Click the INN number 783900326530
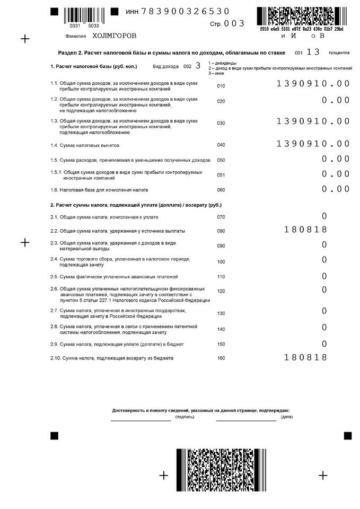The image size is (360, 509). click(x=186, y=11)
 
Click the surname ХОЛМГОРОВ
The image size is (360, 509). click(x=114, y=36)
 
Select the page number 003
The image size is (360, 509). click(x=234, y=24)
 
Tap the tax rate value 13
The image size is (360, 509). click(x=313, y=52)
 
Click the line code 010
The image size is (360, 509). click(x=221, y=86)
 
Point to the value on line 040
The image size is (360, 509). click(x=313, y=144)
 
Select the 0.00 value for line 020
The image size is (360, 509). click(x=336, y=100)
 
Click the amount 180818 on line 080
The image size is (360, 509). click(x=305, y=230)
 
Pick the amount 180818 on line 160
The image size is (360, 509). click(x=305, y=357)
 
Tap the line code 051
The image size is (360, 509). click(x=221, y=175)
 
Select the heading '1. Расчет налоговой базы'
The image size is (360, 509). click(x=93, y=67)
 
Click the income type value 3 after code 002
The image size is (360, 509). click(x=198, y=66)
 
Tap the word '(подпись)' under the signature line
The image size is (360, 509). click(x=186, y=417)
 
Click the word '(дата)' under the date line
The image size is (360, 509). click(x=287, y=417)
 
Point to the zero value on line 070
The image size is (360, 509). click(x=324, y=216)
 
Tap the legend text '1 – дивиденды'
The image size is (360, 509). click(x=223, y=63)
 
